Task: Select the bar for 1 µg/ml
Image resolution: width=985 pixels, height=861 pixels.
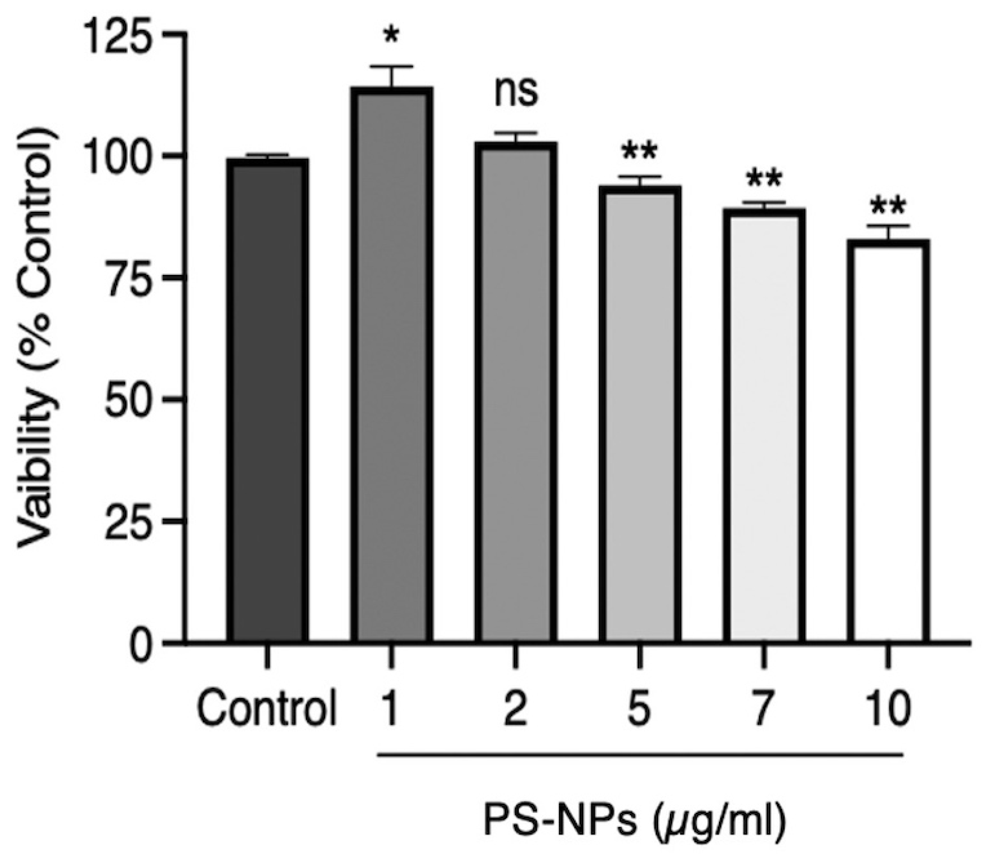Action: tap(392, 365)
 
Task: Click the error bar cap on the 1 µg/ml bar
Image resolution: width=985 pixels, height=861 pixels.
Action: tap(392, 66)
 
